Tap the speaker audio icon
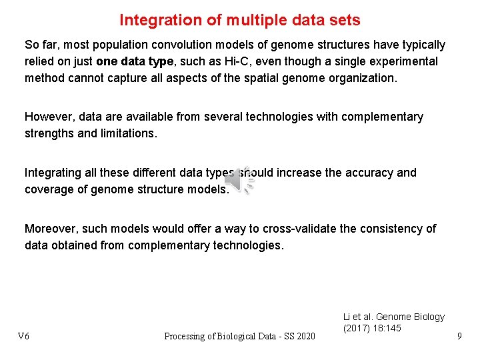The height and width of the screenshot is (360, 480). (x=239, y=180)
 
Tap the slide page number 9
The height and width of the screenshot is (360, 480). (x=459, y=336)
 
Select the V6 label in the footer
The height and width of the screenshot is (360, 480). (x=23, y=336)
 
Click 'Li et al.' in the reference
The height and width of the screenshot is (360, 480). (x=359, y=317)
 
